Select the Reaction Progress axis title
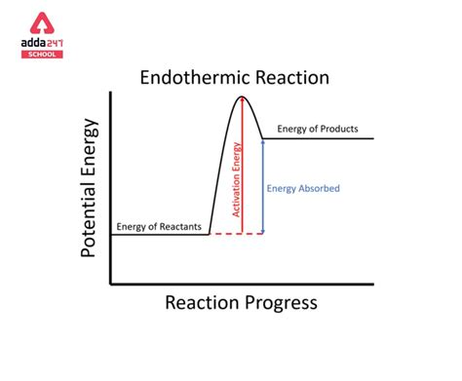click(241, 303)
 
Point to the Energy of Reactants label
click(159, 227)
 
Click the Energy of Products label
click(318, 129)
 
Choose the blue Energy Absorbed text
click(303, 188)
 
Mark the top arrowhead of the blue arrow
click(263, 142)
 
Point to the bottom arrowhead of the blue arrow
click(263, 230)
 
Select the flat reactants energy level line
click(161, 234)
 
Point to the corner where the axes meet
click(112, 284)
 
